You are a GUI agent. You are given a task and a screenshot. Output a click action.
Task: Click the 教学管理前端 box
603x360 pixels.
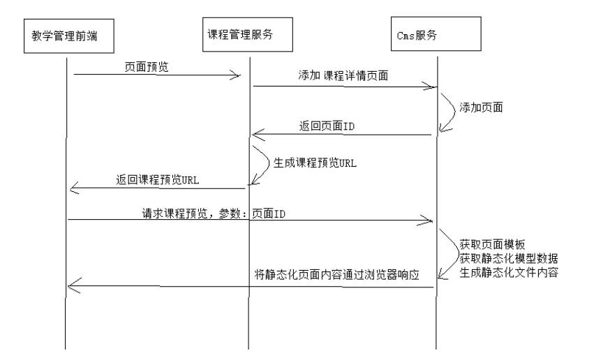tap(69, 36)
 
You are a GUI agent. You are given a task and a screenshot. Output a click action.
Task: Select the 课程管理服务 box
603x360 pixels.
tap(248, 34)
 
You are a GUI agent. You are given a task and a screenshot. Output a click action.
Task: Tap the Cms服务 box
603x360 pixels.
tap(436, 34)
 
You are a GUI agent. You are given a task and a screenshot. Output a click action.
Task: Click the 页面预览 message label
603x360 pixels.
tap(147, 67)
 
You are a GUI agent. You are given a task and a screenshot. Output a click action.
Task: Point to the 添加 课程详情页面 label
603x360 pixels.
tap(343, 75)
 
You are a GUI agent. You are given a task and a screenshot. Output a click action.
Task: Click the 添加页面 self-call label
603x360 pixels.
tap(481, 107)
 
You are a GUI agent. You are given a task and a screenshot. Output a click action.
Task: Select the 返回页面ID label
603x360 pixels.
tap(327, 126)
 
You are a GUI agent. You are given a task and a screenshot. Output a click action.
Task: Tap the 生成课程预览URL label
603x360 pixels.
tap(315, 163)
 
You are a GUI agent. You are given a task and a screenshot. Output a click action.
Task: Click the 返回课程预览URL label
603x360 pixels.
tap(158, 179)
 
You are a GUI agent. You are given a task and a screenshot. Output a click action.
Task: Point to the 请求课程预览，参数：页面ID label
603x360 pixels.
tap(214, 213)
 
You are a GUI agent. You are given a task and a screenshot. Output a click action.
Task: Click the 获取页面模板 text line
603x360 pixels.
tap(492, 245)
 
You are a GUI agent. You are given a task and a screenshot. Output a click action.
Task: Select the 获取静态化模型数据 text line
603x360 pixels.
tap(509, 258)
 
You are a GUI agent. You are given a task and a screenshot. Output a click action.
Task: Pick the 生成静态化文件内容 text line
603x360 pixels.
tap(509, 272)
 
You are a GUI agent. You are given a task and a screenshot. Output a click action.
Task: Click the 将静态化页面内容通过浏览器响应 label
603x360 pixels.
tap(337, 275)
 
